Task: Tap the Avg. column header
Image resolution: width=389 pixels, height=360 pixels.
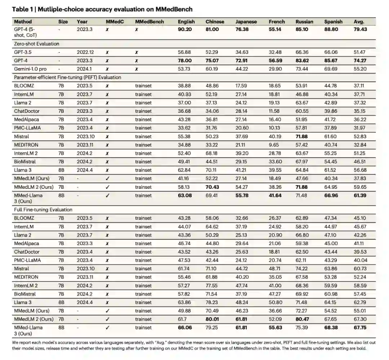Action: coord(359,22)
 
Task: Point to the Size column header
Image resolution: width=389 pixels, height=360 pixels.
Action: coord(63,22)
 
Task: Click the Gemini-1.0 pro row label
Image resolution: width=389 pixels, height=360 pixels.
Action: coord(32,69)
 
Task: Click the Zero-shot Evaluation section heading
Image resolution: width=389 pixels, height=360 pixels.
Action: coord(37,44)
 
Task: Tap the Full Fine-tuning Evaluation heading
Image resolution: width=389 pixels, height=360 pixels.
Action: coord(43,210)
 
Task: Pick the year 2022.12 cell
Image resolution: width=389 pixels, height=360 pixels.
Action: coord(85,52)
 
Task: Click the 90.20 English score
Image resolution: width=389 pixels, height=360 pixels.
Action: coord(185,30)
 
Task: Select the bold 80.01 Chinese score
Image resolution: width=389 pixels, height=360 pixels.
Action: coord(212,319)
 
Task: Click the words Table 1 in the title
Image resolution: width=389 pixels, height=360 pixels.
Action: coord(22,9)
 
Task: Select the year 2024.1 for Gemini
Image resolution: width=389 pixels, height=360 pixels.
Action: coord(83,69)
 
